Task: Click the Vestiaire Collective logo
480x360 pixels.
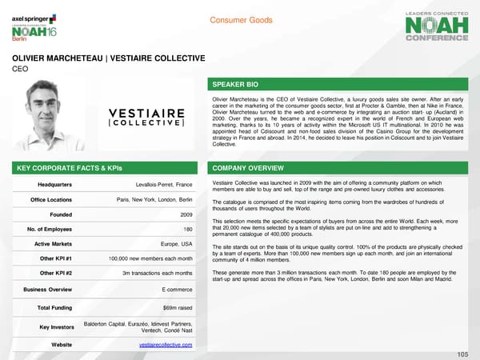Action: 146,117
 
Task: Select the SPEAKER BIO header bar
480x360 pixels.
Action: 342,84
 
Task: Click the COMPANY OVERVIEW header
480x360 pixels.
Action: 342,169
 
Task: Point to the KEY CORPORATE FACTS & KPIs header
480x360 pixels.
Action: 104,169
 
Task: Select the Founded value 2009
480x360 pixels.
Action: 186,215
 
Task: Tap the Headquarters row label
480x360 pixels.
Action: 45,186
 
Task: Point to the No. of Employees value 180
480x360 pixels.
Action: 187,230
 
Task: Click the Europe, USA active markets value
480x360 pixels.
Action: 176,244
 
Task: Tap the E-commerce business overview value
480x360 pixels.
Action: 177,289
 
